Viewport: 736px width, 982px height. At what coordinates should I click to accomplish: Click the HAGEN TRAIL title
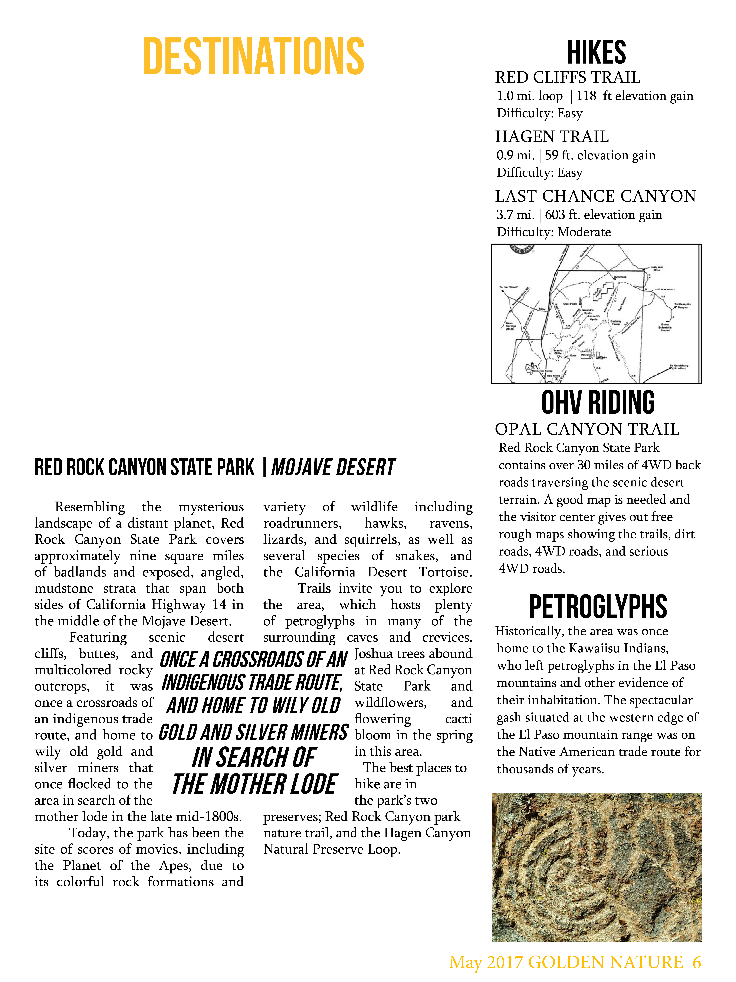(x=552, y=137)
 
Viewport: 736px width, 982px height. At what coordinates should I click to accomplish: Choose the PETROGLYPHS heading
(x=598, y=607)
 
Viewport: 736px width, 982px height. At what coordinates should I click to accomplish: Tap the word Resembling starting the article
(x=90, y=507)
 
